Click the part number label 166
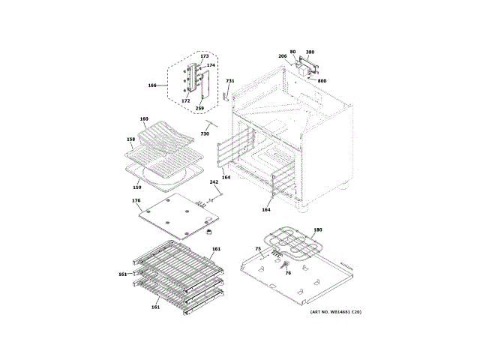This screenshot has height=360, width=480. [152, 85]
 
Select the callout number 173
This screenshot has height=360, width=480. [204, 56]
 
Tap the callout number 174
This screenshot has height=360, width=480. [211, 65]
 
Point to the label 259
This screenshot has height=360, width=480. [199, 109]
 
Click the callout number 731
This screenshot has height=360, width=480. [230, 81]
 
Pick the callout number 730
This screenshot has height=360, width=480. [204, 133]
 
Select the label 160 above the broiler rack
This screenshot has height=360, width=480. [144, 119]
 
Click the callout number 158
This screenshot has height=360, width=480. [130, 139]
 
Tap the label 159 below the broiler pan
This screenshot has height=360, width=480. [137, 187]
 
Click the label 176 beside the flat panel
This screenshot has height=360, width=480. [136, 201]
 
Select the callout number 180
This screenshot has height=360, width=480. [317, 229]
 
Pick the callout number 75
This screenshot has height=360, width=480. [257, 248]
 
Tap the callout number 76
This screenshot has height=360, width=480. [287, 272]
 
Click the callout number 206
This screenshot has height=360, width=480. [283, 56]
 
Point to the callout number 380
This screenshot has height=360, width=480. [310, 52]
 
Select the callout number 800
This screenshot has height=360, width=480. [322, 80]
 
